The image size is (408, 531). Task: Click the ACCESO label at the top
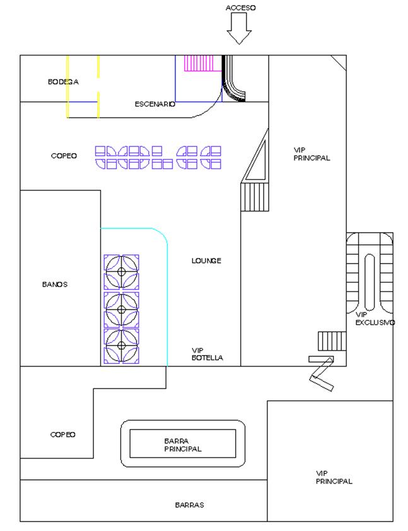[241, 8]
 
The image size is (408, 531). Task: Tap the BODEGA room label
[63, 82]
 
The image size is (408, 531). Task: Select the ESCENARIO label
[154, 104]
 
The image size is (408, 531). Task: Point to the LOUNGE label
[207, 260]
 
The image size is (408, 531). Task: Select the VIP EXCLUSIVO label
[375, 318]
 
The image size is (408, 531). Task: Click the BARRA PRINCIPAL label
[182, 445]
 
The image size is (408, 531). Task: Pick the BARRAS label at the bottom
[190, 505]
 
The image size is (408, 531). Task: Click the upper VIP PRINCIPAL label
[312, 154]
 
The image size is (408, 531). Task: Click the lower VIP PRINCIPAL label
[334, 477]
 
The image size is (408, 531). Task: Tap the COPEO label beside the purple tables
[64, 155]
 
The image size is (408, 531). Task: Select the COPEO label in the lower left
[63, 435]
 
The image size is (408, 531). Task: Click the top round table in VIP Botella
[122, 272]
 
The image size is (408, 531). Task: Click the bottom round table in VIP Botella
[122, 345]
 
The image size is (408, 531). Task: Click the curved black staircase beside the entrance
[236, 79]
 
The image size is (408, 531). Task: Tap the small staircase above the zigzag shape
[328, 341]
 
